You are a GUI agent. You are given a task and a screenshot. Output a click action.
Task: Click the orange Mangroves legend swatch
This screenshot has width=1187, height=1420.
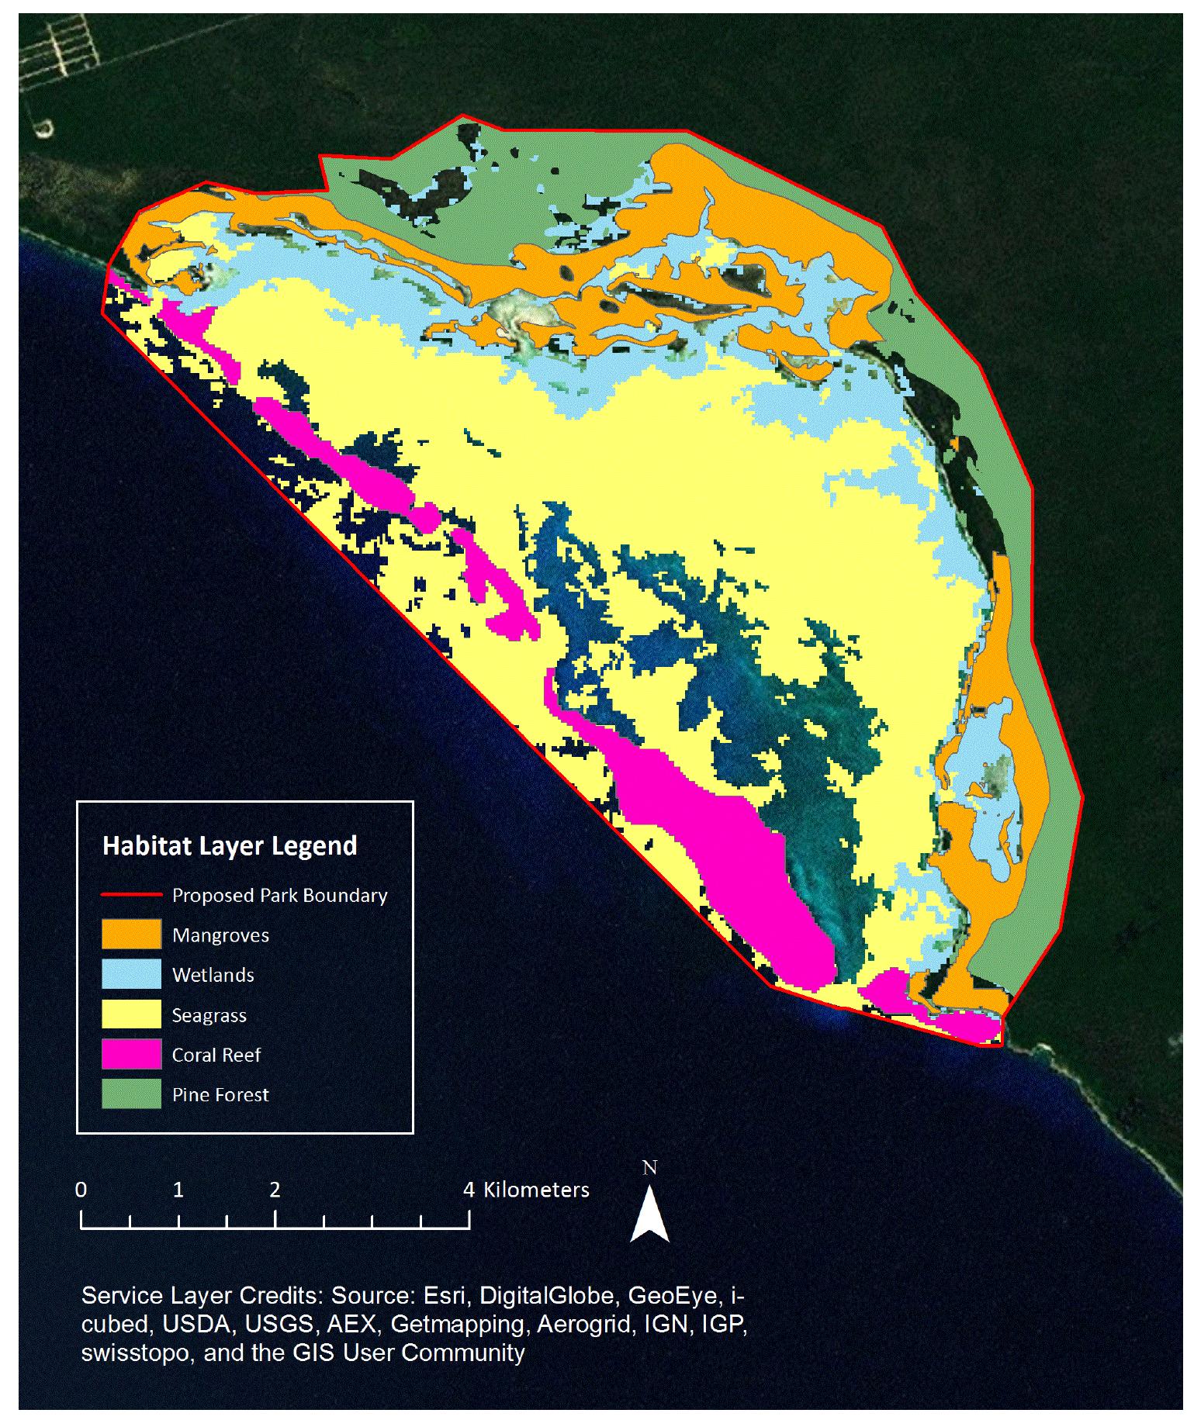[x=131, y=934]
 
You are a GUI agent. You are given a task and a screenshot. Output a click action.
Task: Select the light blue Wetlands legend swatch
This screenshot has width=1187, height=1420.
[x=131, y=974]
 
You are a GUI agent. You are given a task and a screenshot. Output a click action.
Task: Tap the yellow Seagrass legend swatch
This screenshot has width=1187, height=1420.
[x=131, y=1014]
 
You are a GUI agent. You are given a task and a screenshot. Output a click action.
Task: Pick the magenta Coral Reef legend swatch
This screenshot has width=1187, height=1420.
[x=131, y=1054]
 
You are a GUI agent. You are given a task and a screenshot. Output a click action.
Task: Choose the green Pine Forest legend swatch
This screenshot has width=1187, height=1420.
[x=131, y=1094]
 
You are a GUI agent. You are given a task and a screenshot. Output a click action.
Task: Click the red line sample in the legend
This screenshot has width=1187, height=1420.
[x=131, y=895]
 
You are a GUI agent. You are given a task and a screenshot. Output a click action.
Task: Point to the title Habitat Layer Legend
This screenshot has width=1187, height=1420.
[x=230, y=845]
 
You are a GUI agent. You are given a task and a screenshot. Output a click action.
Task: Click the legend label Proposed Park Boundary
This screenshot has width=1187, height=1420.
[x=279, y=895]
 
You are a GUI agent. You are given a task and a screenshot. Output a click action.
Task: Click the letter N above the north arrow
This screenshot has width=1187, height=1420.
[x=649, y=1167]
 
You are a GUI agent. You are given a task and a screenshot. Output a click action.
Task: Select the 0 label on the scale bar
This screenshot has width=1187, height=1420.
[x=81, y=1190]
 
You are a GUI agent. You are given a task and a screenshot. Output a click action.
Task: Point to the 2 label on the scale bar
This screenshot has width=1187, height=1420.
[x=275, y=1190]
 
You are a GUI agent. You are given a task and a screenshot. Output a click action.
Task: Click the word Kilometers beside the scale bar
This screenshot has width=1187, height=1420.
[x=536, y=1190]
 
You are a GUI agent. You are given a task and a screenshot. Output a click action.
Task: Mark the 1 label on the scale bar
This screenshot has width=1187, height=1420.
[x=178, y=1190]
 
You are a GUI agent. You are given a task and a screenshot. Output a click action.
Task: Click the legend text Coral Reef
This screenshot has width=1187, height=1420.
[x=216, y=1055]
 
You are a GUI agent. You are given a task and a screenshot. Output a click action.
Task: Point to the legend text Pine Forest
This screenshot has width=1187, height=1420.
[x=220, y=1094]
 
